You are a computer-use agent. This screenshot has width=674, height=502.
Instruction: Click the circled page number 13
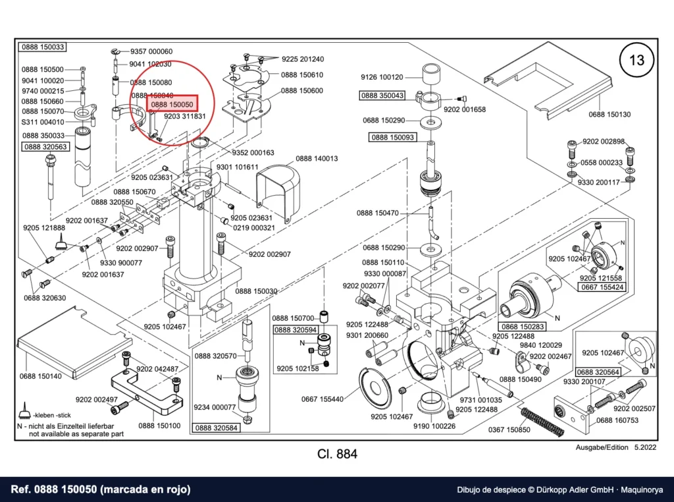pyautogui.click(x=636, y=59)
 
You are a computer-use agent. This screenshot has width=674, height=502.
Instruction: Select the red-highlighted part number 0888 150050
pyautogui.click(x=172, y=104)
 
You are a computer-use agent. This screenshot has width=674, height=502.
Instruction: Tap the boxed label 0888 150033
pyautogui.click(x=43, y=47)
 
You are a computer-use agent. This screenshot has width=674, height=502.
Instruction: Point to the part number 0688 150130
pyautogui.click(x=609, y=115)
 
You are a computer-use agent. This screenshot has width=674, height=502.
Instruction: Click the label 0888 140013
pyautogui.click(x=317, y=159)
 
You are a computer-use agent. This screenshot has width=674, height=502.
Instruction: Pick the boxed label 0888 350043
pyautogui.click(x=382, y=96)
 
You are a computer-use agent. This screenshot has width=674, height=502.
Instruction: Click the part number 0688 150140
pyautogui.click(x=40, y=376)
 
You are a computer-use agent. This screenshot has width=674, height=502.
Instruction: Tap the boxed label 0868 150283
pyautogui.click(x=522, y=327)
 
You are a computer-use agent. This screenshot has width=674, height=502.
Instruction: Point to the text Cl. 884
pyautogui.click(x=337, y=455)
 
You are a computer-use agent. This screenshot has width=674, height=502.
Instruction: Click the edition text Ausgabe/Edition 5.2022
pyautogui.click(x=616, y=447)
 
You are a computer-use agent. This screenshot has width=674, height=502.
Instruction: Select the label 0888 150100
pyautogui.click(x=159, y=426)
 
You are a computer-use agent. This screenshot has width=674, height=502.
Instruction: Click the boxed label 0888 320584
pyautogui.click(x=216, y=428)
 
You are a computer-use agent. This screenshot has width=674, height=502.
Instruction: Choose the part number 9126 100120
pyautogui.click(x=382, y=78)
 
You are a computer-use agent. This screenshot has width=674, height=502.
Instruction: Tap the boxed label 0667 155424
pyautogui.click(x=602, y=287)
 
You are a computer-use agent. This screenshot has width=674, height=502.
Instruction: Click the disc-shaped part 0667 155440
pyautogui.click(x=375, y=389)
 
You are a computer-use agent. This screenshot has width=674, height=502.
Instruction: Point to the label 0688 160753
pyautogui.click(x=617, y=420)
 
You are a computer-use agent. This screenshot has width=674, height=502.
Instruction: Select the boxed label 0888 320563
pyautogui.click(x=45, y=147)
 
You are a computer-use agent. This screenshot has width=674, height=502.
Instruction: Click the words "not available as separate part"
pyautogui.click(x=76, y=434)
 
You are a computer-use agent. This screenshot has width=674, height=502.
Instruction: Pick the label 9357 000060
pyautogui.click(x=151, y=51)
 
